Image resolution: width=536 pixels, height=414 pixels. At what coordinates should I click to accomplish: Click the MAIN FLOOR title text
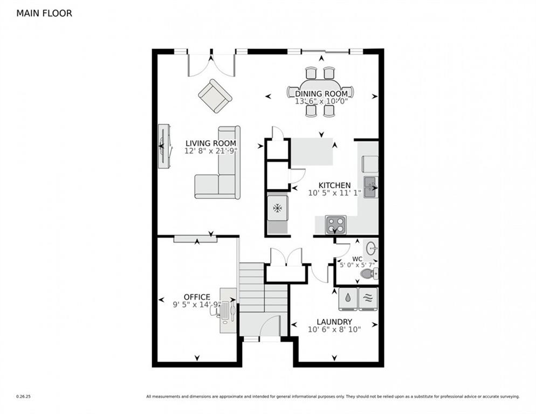(x=44, y=13)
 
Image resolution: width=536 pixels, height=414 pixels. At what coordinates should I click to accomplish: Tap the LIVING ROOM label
(x=211, y=143)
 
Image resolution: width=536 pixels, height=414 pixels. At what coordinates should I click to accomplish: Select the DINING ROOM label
(x=321, y=94)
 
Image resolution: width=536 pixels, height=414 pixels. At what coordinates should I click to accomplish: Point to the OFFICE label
(x=197, y=297)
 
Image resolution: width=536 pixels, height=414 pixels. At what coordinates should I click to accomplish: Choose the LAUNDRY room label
(x=334, y=322)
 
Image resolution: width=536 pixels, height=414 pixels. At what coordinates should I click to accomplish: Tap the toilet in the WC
(x=369, y=274)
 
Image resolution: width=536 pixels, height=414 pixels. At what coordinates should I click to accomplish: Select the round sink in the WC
(x=372, y=249)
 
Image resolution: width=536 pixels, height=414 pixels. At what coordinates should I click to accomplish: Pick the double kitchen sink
(x=370, y=187)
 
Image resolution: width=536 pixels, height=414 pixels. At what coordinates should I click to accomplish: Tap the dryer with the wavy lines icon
(x=368, y=299)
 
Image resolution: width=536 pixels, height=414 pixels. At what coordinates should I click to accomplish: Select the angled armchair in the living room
(x=215, y=96)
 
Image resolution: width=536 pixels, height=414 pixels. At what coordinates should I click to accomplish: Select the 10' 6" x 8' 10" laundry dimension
(x=334, y=329)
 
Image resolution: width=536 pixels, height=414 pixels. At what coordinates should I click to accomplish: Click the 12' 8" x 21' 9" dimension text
(x=211, y=151)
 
